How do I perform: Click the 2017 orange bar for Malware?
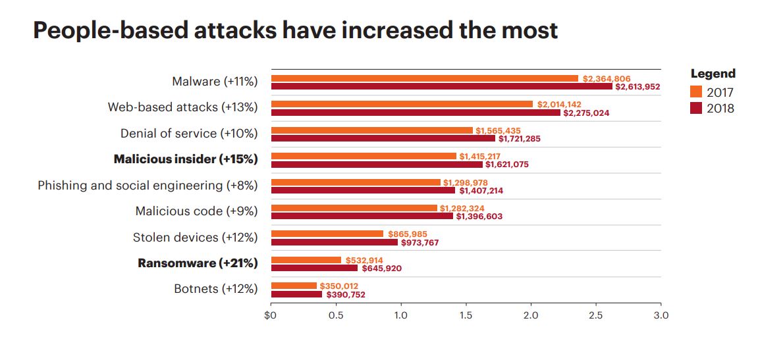(425, 78)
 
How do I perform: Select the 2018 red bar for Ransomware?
(315, 268)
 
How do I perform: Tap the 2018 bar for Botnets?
(297, 294)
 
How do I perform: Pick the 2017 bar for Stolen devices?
(327, 234)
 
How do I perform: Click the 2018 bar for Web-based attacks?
(416, 113)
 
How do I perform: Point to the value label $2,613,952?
(637, 87)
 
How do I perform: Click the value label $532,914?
(364, 260)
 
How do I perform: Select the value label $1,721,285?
(519, 139)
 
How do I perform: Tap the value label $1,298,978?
(466, 182)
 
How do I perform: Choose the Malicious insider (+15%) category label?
(186, 159)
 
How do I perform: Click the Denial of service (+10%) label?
(189, 134)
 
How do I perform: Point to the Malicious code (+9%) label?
(196, 211)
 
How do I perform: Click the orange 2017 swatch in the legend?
(696, 92)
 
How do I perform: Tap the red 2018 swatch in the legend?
(696, 108)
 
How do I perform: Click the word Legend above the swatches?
(713, 74)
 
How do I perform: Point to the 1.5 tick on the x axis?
(466, 315)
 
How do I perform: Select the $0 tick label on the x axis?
(271, 315)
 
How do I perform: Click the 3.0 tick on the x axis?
(661, 315)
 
